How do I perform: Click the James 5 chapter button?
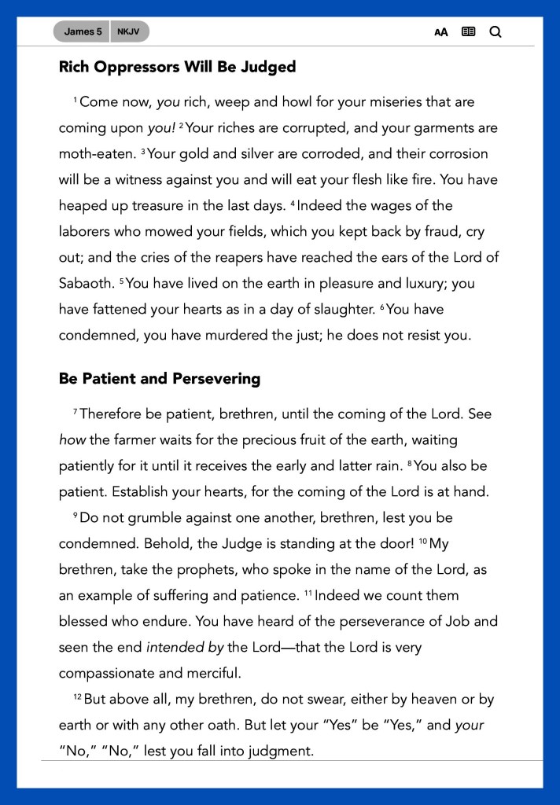point(83,32)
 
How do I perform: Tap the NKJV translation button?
point(129,32)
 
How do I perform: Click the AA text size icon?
point(441,32)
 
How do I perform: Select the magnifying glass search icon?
point(496,32)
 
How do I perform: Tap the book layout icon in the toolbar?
point(469,32)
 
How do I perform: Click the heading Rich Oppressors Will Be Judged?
point(177,67)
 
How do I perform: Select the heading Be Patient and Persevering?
point(159,379)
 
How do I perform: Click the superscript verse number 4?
point(293,203)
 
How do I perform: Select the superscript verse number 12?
point(77,697)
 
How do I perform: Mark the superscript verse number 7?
point(76,412)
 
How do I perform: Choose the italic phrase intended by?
point(185,648)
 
